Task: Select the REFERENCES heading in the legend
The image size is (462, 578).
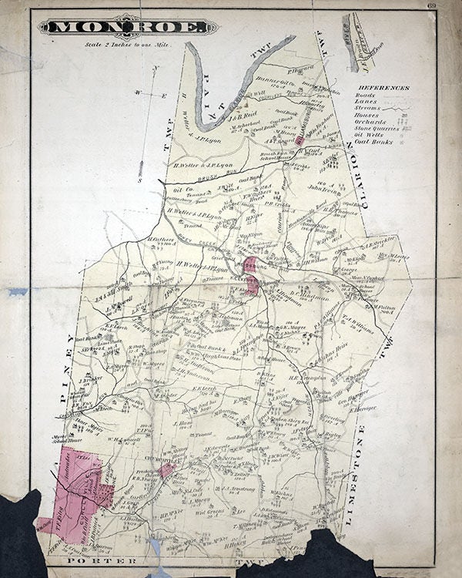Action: (x=393, y=88)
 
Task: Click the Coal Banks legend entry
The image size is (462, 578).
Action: (x=384, y=142)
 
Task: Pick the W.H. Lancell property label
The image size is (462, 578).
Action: (x=122, y=440)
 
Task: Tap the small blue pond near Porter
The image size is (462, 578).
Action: (x=156, y=546)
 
